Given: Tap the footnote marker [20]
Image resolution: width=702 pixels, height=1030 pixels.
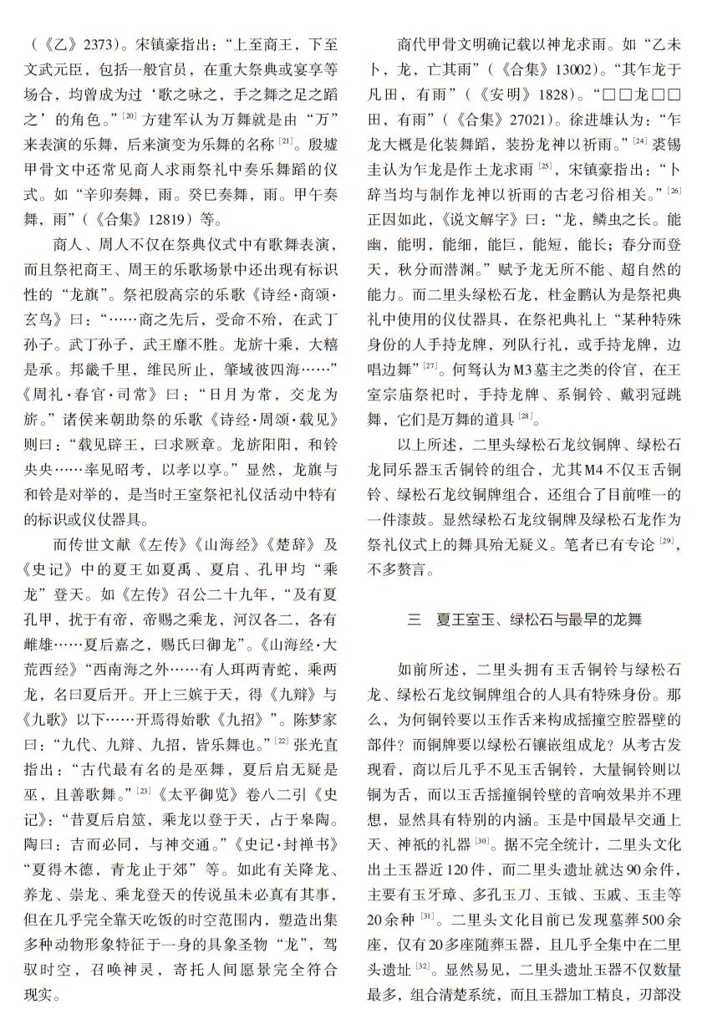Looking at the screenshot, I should [x=130, y=113].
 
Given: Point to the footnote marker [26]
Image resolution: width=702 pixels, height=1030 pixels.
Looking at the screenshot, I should [x=674, y=191].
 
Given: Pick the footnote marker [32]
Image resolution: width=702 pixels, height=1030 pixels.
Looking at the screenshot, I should [x=423, y=963].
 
